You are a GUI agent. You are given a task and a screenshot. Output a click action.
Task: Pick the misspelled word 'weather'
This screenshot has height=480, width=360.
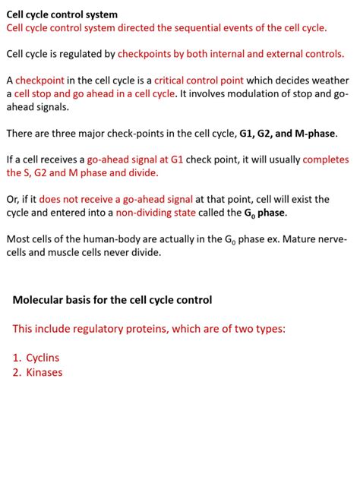(327, 81)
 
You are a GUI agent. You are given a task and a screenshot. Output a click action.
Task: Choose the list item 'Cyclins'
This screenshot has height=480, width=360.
(43, 357)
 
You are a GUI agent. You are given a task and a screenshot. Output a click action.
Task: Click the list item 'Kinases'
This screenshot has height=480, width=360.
(44, 372)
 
